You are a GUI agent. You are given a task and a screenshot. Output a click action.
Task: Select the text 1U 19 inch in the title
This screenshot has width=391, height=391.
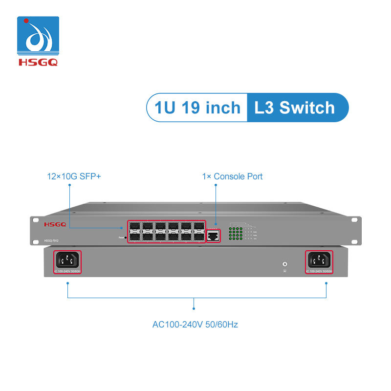(x=197, y=107)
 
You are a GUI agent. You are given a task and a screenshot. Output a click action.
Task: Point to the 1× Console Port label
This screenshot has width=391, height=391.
(x=232, y=176)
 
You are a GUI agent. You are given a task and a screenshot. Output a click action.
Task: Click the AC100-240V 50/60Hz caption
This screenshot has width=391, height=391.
(x=195, y=324)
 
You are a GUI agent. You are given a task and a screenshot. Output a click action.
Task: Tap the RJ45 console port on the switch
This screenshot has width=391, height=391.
(x=214, y=236)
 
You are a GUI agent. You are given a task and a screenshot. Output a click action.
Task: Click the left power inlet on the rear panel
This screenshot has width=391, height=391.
(x=66, y=261)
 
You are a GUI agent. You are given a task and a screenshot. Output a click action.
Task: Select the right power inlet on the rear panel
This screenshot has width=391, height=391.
(x=319, y=261)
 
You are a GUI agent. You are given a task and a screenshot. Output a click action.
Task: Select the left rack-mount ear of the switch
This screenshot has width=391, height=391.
(x=36, y=229)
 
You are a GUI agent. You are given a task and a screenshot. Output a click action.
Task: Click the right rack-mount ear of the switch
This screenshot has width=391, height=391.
(x=355, y=229)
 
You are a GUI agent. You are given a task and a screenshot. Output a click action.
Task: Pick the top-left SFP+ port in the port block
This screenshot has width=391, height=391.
(x=134, y=227)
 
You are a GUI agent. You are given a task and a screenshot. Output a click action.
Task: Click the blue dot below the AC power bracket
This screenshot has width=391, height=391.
(x=195, y=308)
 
